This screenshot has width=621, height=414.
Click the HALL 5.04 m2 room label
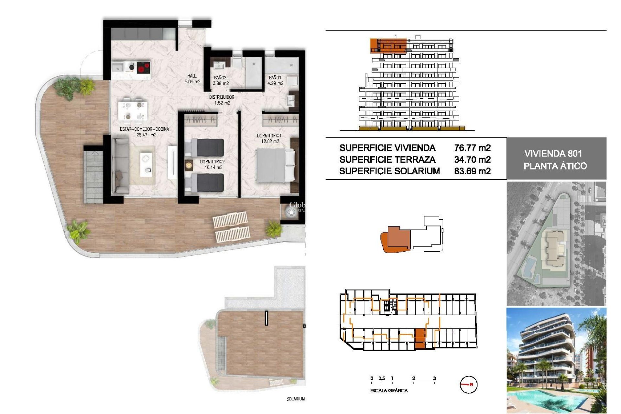pyautogui.click(x=192, y=79)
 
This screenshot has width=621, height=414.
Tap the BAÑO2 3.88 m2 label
pyautogui.click(x=221, y=81)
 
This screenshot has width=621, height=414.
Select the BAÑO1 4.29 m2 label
pyautogui.click(x=275, y=80)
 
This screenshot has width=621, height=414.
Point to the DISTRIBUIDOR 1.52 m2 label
pyautogui.click(x=222, y=100)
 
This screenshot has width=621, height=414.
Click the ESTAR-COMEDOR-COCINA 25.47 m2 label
pyautogui.click(x=145, y=132)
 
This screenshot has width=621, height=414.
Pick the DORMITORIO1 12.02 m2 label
pyautogui.click(x=269, y=138)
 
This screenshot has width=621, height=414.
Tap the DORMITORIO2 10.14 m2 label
pyautogui.click(x=212, y=164)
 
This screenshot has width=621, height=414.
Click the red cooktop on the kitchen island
pyautogui.click(x=143, y=68)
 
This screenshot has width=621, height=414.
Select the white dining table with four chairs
pyautogui.click(x=133, y=110)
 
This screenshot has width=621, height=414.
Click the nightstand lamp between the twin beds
pyautogui.click(x=188, y=166)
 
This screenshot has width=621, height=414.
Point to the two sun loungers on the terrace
pyautogui.click(x=232, y=226)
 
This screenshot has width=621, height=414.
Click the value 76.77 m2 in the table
pyautogui.click(x=472, y=148)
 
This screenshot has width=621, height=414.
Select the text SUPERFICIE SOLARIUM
pyautogui.click(x=389, y=171)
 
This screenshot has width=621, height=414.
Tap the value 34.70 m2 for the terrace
pyautogui.click(x=472, y=159)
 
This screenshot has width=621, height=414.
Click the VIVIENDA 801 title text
pyautogui.click(x=553, y=153)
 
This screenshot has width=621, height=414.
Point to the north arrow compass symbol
pyautogui.click(x=468, y=385)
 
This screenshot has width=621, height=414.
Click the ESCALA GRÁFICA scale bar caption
pyautogui.click(x=389, y=391)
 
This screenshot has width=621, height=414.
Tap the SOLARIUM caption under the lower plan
pyautogui.click(x=295, y=399)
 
